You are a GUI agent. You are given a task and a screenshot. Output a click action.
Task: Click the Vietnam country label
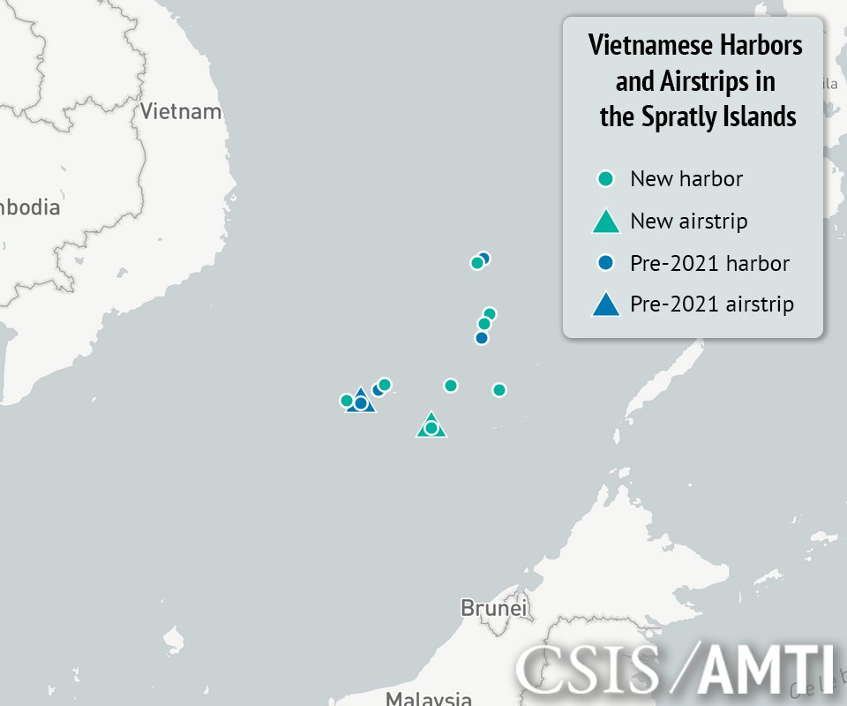tap(180, 112)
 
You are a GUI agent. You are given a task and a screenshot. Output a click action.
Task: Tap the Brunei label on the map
tap(493, 608)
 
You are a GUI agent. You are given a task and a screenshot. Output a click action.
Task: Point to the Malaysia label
tap(428, 699)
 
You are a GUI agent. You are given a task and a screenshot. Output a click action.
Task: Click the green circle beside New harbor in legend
tap(605, 179)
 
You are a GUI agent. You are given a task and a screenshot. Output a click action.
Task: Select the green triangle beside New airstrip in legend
tap(605, 222)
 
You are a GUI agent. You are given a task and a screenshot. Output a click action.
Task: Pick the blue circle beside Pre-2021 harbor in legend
tap(605, 263)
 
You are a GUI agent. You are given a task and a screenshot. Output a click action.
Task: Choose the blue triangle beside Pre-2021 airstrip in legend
tap(605, 305)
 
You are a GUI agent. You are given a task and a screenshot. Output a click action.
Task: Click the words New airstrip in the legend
tap(688, 221)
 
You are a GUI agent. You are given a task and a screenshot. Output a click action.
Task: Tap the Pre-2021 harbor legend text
tap(709, 263)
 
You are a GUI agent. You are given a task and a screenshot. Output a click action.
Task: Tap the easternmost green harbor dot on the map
tap(499, 390)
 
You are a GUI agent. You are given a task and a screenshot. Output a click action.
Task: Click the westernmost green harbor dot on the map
tap(347, 401)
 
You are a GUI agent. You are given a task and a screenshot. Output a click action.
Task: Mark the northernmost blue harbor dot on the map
tap(483, 259)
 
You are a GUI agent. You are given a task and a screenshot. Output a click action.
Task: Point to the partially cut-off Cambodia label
tap(30, 208)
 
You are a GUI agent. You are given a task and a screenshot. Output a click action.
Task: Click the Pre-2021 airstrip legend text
tap(712, 304)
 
